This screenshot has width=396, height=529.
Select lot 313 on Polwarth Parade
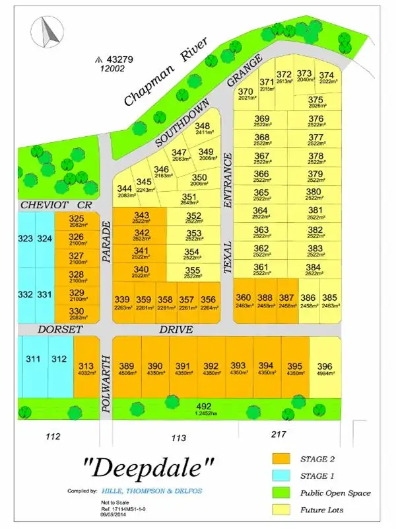(x=86, y=368)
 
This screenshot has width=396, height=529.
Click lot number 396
(x=324, y=367)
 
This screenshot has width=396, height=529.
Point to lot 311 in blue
(x=33, y=360)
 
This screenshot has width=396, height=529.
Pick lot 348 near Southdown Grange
(x=202, y=128)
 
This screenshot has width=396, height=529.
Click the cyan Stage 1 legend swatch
(x=282, y=476)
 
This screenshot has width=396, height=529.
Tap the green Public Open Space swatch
(x=282, y=493)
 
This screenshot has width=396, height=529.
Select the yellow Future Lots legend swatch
(x=282, y=510)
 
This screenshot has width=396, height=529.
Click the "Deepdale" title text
(x=150, y=468)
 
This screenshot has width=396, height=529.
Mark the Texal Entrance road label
(x=228, y=212)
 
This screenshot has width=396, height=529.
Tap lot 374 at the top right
(x=327, y=76)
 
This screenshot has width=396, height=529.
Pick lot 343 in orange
(x=141, y=217)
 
